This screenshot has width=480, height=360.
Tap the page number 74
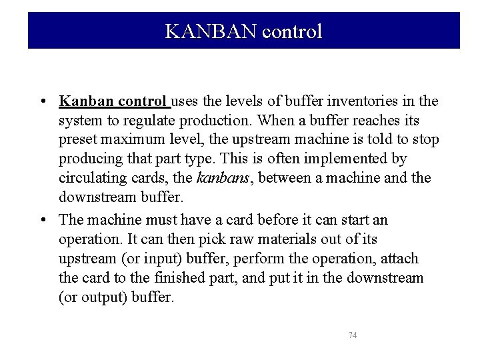coord(353,335)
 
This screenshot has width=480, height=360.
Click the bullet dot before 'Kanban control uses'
coord(42,102)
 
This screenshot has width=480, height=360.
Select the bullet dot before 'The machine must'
coord(42,220)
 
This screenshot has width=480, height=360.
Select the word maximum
coord(130,140)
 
